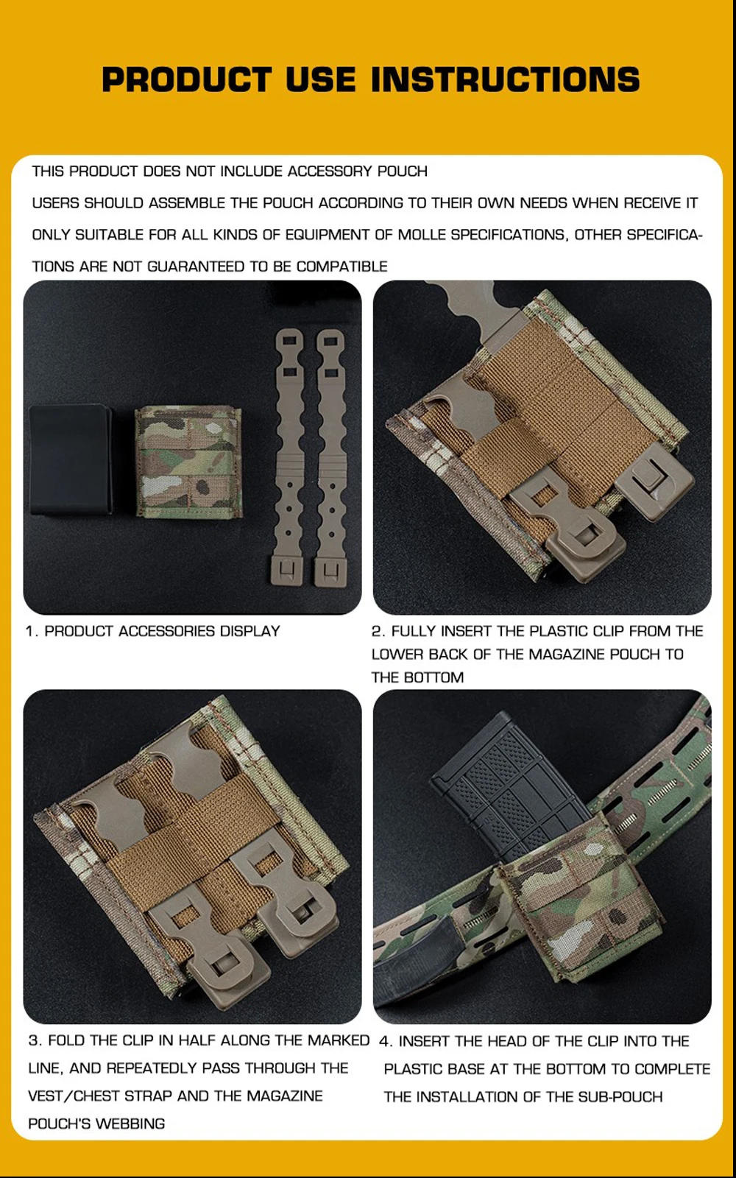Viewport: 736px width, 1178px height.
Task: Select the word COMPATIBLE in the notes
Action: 342,267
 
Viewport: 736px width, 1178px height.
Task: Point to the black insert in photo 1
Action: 71,459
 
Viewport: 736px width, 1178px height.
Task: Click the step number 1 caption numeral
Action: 31,631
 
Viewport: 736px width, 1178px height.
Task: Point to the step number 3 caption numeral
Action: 34,1041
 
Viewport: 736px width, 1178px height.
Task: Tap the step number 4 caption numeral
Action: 385,1041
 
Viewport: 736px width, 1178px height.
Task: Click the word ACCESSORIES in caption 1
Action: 166,631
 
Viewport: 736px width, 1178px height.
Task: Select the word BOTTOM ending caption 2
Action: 434,677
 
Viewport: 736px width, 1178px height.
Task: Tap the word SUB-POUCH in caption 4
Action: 620,1097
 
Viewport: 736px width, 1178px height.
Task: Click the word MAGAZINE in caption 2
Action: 567,655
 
